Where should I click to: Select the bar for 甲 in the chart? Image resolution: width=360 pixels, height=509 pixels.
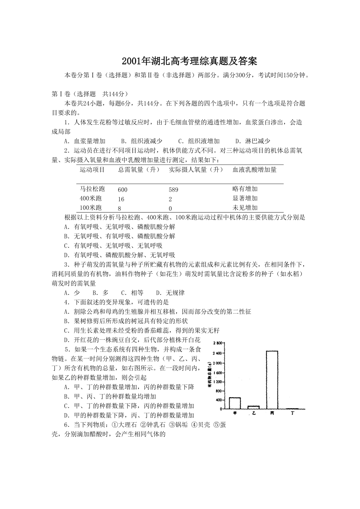click(x=235, y=403)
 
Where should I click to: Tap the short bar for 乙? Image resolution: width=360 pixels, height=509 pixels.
click(x=254, y=407)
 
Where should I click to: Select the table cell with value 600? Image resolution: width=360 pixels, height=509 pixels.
click(x=122, y=190)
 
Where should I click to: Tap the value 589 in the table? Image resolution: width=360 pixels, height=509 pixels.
click(x=173, y=190)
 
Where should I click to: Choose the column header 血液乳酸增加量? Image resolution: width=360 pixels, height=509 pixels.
click(x=254, y=170)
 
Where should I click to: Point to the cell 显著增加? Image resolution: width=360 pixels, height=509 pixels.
click(x=245, y=198)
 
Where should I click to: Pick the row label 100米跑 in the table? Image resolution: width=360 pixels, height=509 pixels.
click(x=91, y=208)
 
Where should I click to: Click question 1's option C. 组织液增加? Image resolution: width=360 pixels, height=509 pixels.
click(x=199, y=141)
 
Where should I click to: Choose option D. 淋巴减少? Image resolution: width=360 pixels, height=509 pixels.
click(x=252, y=141)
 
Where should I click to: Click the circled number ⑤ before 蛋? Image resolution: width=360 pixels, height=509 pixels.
click(x=214, y=425)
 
